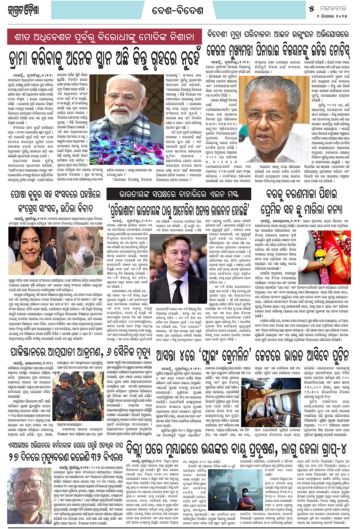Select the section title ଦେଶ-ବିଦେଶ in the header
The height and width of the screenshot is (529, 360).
pyautogui.click(x=178, y=10)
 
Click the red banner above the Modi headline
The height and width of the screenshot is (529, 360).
pyautogui.click(x=105, y=37)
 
